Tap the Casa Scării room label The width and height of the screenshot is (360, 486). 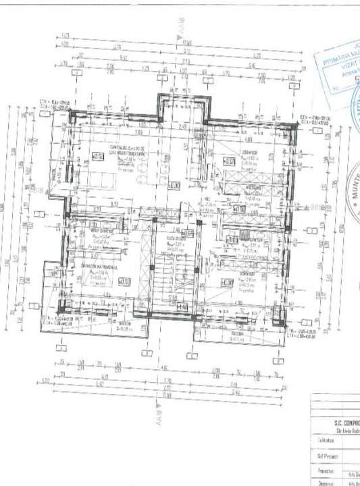(177, 238)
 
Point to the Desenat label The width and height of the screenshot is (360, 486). (323, 482)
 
